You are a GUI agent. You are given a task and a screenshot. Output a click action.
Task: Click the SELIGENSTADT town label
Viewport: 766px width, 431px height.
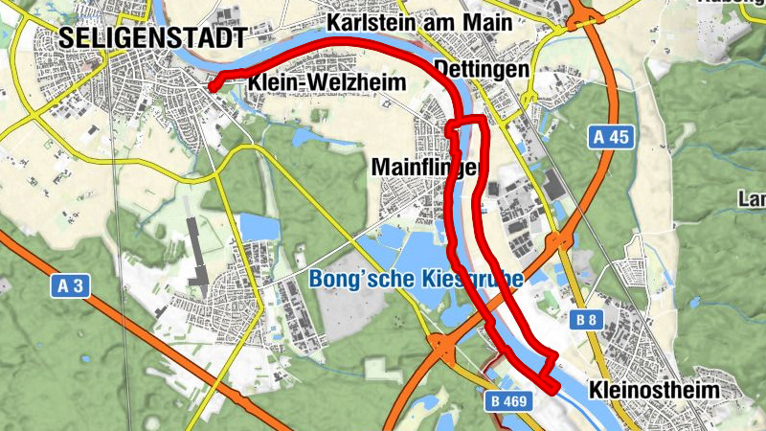[151, 37]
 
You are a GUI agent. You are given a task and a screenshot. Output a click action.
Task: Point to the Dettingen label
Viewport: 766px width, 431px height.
[482, 70]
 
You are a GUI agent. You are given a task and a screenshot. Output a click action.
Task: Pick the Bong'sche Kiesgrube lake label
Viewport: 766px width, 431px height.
[417, 281]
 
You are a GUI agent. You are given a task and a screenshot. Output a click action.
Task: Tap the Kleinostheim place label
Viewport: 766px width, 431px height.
[656, 391]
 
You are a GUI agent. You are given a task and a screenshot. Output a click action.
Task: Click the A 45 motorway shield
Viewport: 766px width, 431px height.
[611, 138]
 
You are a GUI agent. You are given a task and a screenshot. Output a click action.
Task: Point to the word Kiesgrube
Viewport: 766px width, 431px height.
[472, 281]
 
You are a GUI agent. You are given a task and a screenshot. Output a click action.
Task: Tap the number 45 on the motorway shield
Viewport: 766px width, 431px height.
[619, 138]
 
